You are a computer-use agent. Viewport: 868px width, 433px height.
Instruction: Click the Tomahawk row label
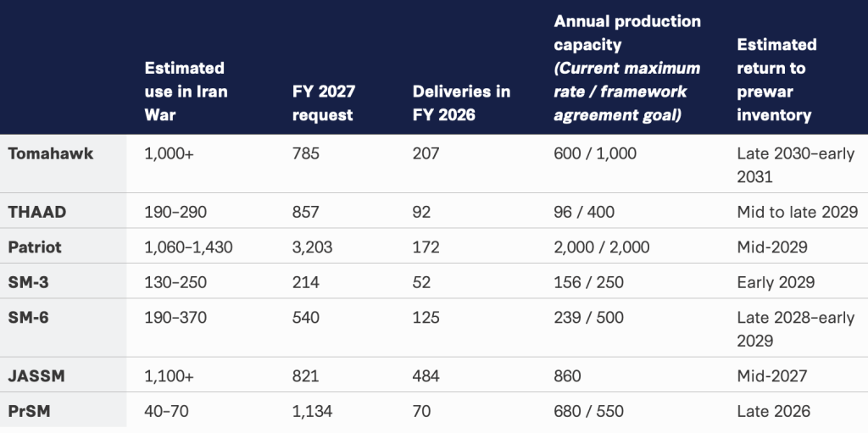coord(50,153)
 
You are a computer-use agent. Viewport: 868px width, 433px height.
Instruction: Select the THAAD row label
coord(37,212)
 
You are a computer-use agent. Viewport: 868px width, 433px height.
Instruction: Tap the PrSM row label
coord(30,412)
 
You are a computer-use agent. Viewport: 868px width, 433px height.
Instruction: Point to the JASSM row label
coord(36,376)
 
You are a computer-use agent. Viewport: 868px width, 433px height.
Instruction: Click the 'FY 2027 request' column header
coord(323,103)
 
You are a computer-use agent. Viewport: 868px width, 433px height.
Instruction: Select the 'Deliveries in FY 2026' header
coord(461,103)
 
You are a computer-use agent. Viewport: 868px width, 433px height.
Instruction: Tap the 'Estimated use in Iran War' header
coord(186,92)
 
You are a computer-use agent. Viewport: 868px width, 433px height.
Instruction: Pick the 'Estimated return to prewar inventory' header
coord(776,80)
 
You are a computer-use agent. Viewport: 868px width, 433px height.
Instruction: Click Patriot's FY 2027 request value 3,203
coord(312,247)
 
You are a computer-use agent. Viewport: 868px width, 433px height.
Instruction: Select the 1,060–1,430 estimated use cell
coord(188,247)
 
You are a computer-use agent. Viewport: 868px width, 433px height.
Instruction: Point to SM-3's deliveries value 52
coord(421,282)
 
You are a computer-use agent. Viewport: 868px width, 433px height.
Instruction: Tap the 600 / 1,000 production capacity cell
coord(595,153)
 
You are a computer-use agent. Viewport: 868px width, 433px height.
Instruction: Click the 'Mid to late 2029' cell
coord(797,212)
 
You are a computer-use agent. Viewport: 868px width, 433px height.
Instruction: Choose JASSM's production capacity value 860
coord(567,376)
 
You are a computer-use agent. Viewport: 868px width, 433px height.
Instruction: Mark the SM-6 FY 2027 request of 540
coord(305,317)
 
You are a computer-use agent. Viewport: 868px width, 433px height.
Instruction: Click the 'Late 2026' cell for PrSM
coord(773,412)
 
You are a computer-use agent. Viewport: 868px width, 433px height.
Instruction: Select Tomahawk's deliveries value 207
coord(426,153)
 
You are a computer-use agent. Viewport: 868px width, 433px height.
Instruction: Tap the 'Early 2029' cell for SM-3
coord(776,282)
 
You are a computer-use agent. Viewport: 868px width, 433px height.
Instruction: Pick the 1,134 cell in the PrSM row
coord(312,412)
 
